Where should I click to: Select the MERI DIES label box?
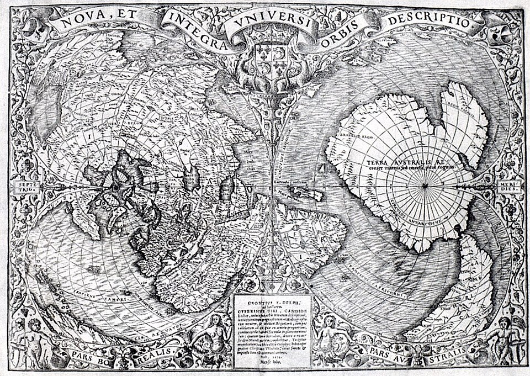point(506,188)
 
